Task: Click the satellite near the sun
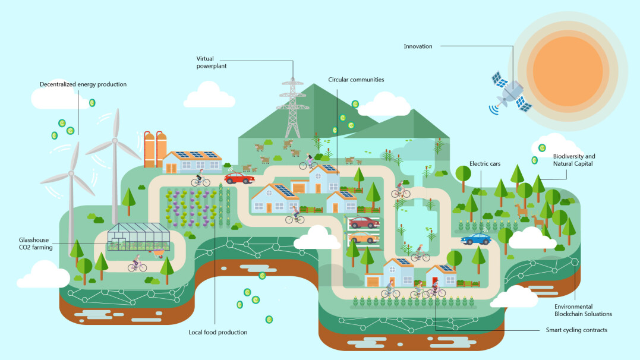pyautogui.click(x=511, y=93)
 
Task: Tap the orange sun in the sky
pyautogui.click(x=568, y=71)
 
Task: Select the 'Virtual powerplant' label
pyautogui.click(x=212, y=62)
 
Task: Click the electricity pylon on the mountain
pyautogui.click(x=292, y=108)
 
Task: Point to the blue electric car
pyautogui.click(x=476, y=238)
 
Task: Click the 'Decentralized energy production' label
pyautogui.click(x=83, y=84)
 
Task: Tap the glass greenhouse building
pyautogui.click(x=139, y=236)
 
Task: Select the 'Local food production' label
pyautogui.click(x=218, y=332)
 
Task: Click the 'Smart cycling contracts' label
pyautogui.click(x=576, y=330)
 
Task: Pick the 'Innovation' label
pyautogui.click(x=418, y=46)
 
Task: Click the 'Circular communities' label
pyautogui.click(x=356, y=80)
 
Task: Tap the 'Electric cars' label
pyautogui.click(x=485, y=164)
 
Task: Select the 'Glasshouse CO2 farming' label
pyautogui.click(x=36, y=244)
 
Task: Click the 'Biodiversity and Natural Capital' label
pyautogui.click(x=574, y=160)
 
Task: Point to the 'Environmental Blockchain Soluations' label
pyautogui.click(x=583, y=310)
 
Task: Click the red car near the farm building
pyautogui.click(x=239, y=178)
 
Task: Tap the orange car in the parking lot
pyautogui.click(x=363, y=238)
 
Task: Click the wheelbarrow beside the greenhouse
pyautogui.click(x=157, y=254)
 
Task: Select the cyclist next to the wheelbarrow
pyautogui.click(x=137, y=264)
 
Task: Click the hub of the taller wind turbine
pyautogui.click(x=115, y=141)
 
